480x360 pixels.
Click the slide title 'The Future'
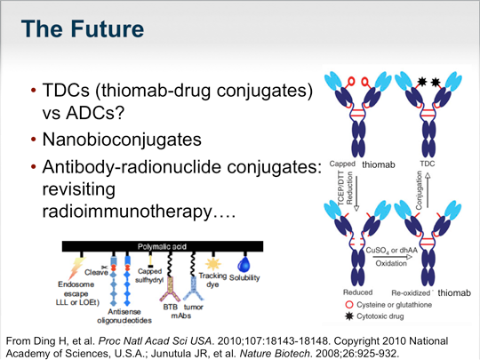coord(82,29)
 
